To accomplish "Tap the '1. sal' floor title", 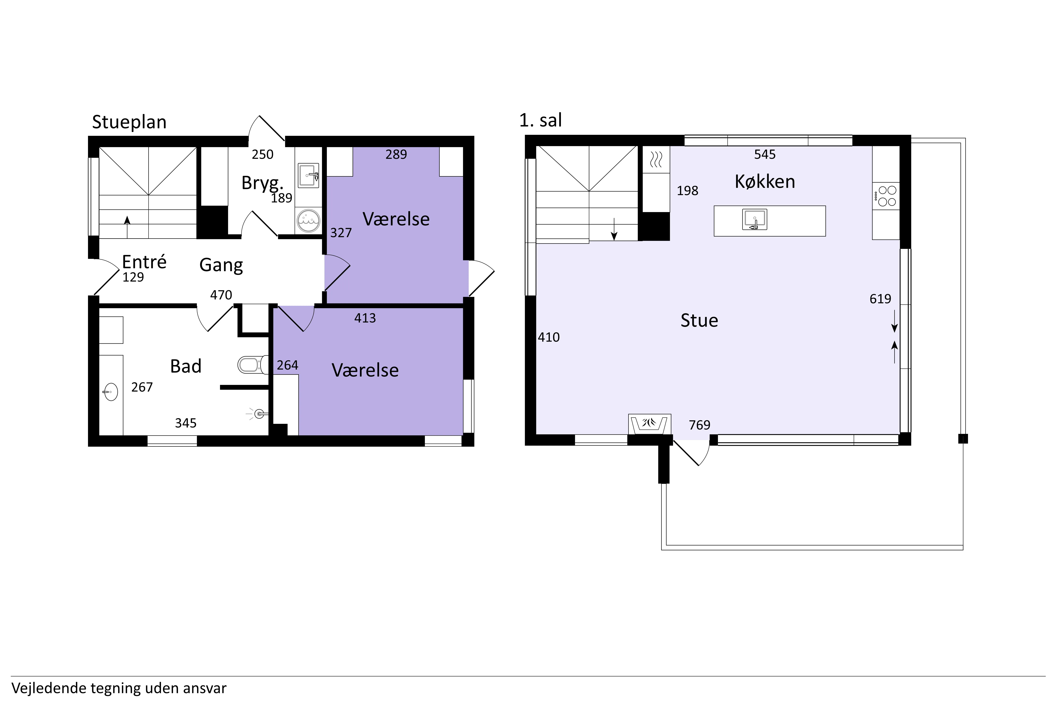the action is [540, 120].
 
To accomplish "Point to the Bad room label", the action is [186, 366].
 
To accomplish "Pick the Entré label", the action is [144, 262].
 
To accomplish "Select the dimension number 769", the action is [699, 425].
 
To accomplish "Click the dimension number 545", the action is [765, 155].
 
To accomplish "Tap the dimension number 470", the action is [221, 295].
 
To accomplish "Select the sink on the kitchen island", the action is [755, 219].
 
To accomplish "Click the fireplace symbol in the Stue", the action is [649, 424].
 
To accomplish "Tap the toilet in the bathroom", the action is [253, 364].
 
